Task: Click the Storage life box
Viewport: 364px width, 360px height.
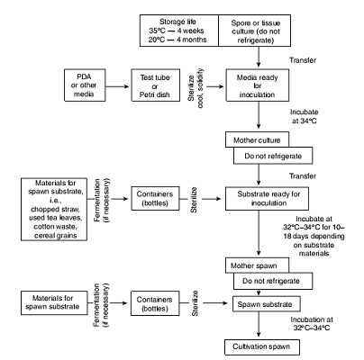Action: (179, 31)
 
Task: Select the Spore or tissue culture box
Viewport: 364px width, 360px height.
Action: (255, 31)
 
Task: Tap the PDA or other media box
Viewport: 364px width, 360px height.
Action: (85, 85)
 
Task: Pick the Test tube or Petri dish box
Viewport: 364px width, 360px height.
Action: (156, 85)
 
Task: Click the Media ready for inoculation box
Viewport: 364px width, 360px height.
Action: (258, 85)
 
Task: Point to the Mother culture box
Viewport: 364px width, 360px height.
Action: (257, 139)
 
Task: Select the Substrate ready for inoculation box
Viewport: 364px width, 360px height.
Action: (267, 199)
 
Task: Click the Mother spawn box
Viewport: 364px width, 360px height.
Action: (257, 265)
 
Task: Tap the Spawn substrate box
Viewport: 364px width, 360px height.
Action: (267, 304)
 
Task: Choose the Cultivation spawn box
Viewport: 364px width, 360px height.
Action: (262, 347)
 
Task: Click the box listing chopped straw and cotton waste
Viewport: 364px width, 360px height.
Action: (54, 210)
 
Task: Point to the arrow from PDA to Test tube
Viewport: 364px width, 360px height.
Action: (117, 86)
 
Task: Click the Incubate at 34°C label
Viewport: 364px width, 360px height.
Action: (304, 116)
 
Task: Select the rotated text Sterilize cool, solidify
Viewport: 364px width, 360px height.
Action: (196, 88)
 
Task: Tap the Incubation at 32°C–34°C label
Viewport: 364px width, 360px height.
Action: (312, 323)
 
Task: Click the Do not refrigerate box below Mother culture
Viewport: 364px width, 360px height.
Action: (273, 156)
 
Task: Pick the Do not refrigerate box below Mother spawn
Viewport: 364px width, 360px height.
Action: (273, 281)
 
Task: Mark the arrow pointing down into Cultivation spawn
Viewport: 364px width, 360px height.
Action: (259, 325)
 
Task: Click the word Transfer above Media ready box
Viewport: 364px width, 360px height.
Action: (303, 60)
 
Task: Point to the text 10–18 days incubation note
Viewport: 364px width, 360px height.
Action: (314, 236)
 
